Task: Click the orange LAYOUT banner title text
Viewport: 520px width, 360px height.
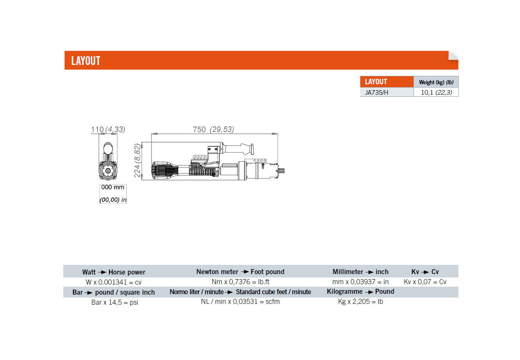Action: (x=86, y=61)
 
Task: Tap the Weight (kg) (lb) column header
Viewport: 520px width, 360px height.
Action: (x=436, y=82)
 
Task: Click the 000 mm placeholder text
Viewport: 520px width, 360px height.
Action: (x=112, y=187)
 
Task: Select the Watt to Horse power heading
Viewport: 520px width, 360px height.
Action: (x=114, y=272)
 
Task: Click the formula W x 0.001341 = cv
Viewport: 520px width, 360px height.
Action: (x=114, y=282)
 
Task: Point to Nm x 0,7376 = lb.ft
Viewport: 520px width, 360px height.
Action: (x=240, y=282)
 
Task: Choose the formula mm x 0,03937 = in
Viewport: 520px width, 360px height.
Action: (x=360, y=282)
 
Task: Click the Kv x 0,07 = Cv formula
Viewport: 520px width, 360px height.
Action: (x=425, y=282)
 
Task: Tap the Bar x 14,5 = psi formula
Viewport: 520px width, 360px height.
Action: (x=114, y=302)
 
